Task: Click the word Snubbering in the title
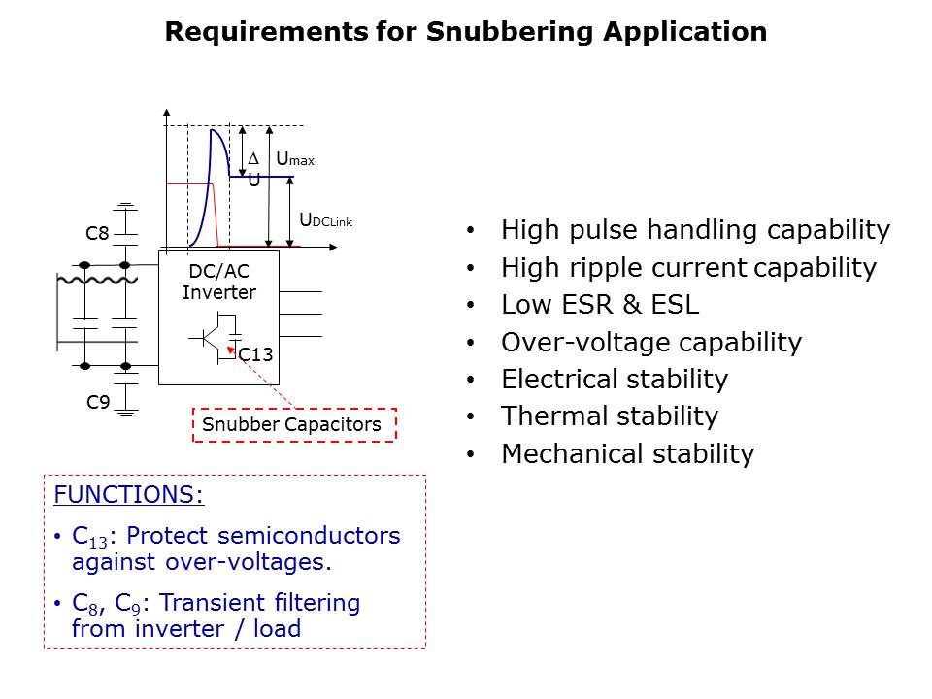point(510,32)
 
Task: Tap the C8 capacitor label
point(97,233)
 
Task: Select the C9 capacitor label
point(98,402)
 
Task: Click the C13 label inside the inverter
point(255,355)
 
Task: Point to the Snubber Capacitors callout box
point(294,425)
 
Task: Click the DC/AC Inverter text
point(219,282)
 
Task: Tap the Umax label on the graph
point(295,159)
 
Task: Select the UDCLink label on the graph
point(326,220)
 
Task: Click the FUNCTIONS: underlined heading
point(128,494)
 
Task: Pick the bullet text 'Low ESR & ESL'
point(600,304)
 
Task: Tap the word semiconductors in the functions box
point(309,536)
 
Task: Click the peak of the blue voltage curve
point(213,129)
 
